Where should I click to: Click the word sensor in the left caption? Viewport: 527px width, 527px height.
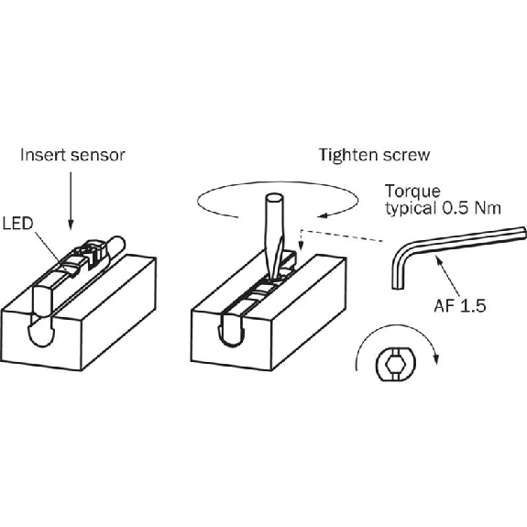(98, 156)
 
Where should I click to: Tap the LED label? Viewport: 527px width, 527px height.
(17, 224)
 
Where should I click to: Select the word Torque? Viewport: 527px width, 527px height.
(412, 192)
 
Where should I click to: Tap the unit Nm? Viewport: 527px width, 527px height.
(488, 208)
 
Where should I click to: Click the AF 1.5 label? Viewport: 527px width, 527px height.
(460, 306)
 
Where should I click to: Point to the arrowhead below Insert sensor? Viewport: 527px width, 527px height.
(71, 225)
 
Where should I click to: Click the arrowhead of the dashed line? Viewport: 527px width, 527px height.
(301, 247)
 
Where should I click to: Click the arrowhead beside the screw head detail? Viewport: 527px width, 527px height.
(436, 359)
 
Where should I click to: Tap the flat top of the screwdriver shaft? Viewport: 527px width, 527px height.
(274, 197)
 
